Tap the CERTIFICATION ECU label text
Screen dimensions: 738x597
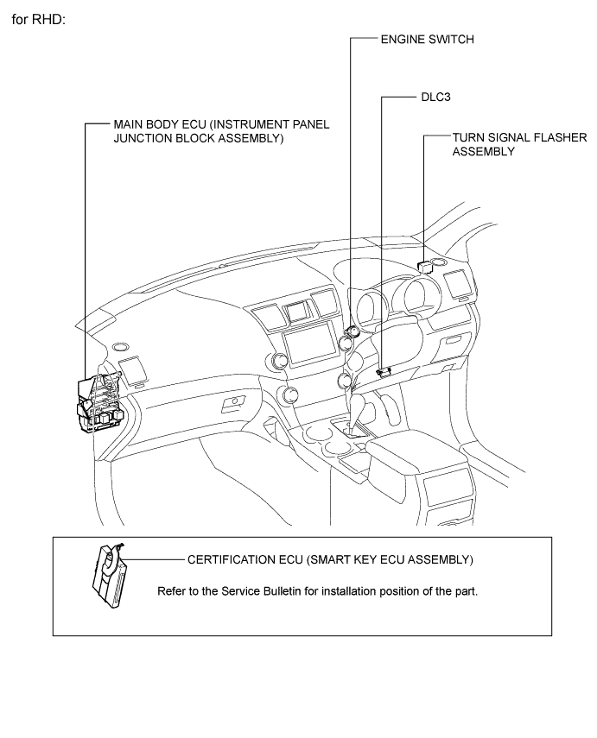pos(329,559)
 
